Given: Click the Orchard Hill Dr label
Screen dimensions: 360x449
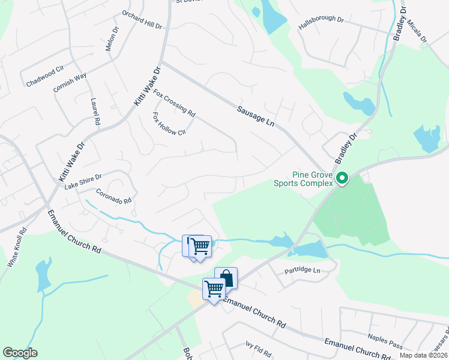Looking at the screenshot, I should click(x=142, y=19).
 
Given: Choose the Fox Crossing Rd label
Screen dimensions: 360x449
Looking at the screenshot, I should click(x=175, y=103).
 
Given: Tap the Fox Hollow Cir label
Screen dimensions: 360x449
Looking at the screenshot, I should click(x=170, y=124).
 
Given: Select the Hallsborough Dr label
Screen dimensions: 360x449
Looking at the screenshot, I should click(x=321, y=23).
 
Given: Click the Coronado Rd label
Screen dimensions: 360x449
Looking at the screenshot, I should click(x=113, y=197).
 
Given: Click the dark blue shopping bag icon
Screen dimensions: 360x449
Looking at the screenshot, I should click(x=226, y=277).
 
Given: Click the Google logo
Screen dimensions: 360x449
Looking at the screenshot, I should click(x=20, y=353).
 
